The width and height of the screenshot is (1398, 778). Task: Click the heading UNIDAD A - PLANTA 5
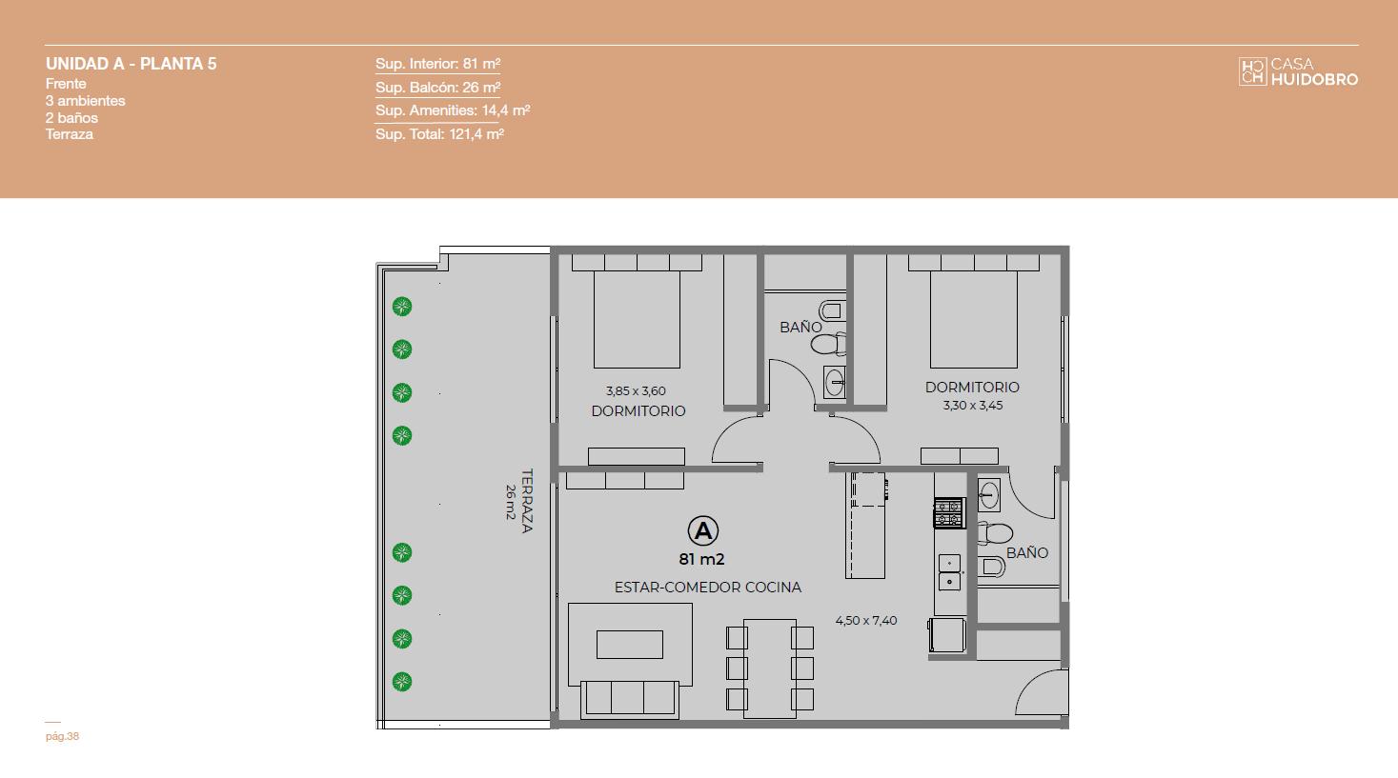point(132,64)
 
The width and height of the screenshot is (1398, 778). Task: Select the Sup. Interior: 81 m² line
point(437,64)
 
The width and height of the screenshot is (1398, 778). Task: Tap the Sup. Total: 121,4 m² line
point(439,134)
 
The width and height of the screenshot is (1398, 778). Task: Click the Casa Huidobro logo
point(1298,71)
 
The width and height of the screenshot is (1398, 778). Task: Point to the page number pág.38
point(62,736)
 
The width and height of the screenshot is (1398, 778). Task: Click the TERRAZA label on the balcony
point(527,501)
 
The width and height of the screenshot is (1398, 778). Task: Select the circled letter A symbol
point(702,531)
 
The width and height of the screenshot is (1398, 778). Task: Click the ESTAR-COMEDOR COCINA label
point(708,588)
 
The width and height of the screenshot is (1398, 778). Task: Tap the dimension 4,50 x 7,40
point(866,621)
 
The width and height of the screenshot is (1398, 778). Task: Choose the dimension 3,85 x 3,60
point(636,391)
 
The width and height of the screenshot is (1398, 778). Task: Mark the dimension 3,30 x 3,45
point(972,406)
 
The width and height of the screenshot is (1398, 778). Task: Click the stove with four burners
point(948,513)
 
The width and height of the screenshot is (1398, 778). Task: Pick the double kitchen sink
point(949,572)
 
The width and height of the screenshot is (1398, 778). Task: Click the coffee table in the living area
point(630,645)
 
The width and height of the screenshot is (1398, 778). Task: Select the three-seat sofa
point(629,699)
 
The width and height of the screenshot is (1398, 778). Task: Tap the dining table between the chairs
point(770,668)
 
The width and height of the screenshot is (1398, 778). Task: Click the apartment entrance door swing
point(1041,692)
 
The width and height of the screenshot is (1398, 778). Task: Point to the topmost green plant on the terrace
point(402,307)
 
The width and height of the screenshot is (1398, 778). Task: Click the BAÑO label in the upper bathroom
point(800,327)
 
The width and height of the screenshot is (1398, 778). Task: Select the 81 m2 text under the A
point(701,559)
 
